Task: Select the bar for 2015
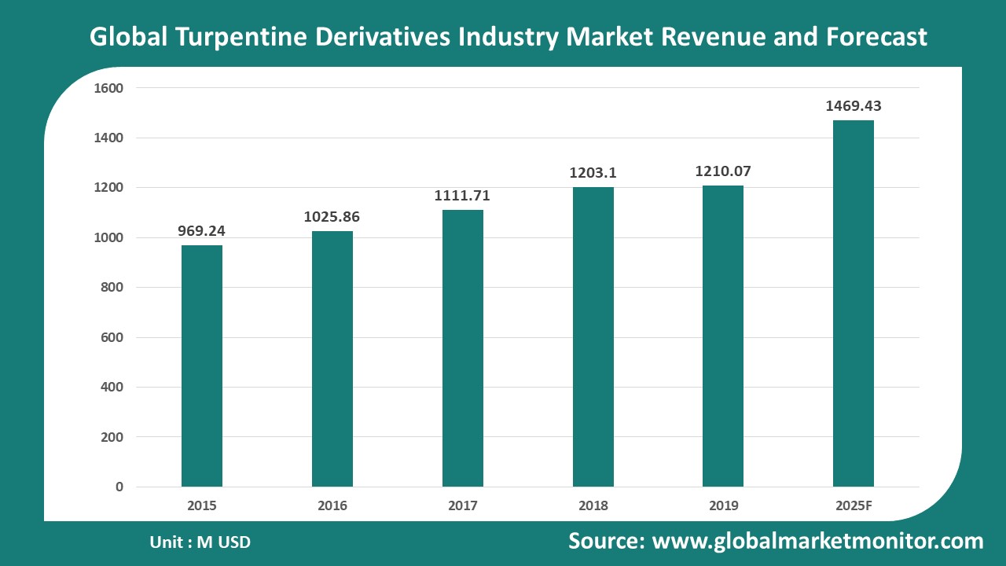[202, 366]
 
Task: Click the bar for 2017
[463, 348]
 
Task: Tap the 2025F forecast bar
[854, 303]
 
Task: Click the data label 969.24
[202, 231]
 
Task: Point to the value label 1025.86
[332, 217]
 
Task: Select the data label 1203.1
[593, 173]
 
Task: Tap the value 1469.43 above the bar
[854, 106]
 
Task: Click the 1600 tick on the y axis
[108, 88]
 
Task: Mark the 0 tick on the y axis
[119, 487]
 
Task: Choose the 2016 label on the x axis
[332, 505]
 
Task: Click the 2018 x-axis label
[593, 505]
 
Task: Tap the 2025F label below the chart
[854, 505]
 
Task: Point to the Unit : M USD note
[200, 542]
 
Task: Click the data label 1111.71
[462, 196]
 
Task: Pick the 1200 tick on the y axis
[108, 188]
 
